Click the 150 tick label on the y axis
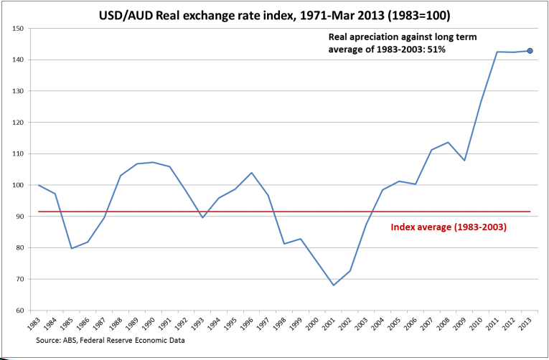(x=18, y=29)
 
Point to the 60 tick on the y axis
(x=19, y=311)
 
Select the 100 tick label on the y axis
(x=18, y=185)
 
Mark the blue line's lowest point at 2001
(x=333, y=285)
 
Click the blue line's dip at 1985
(x=71, y=248)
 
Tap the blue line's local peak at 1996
(x=251, y=173)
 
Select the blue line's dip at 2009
(x=464, y=160)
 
